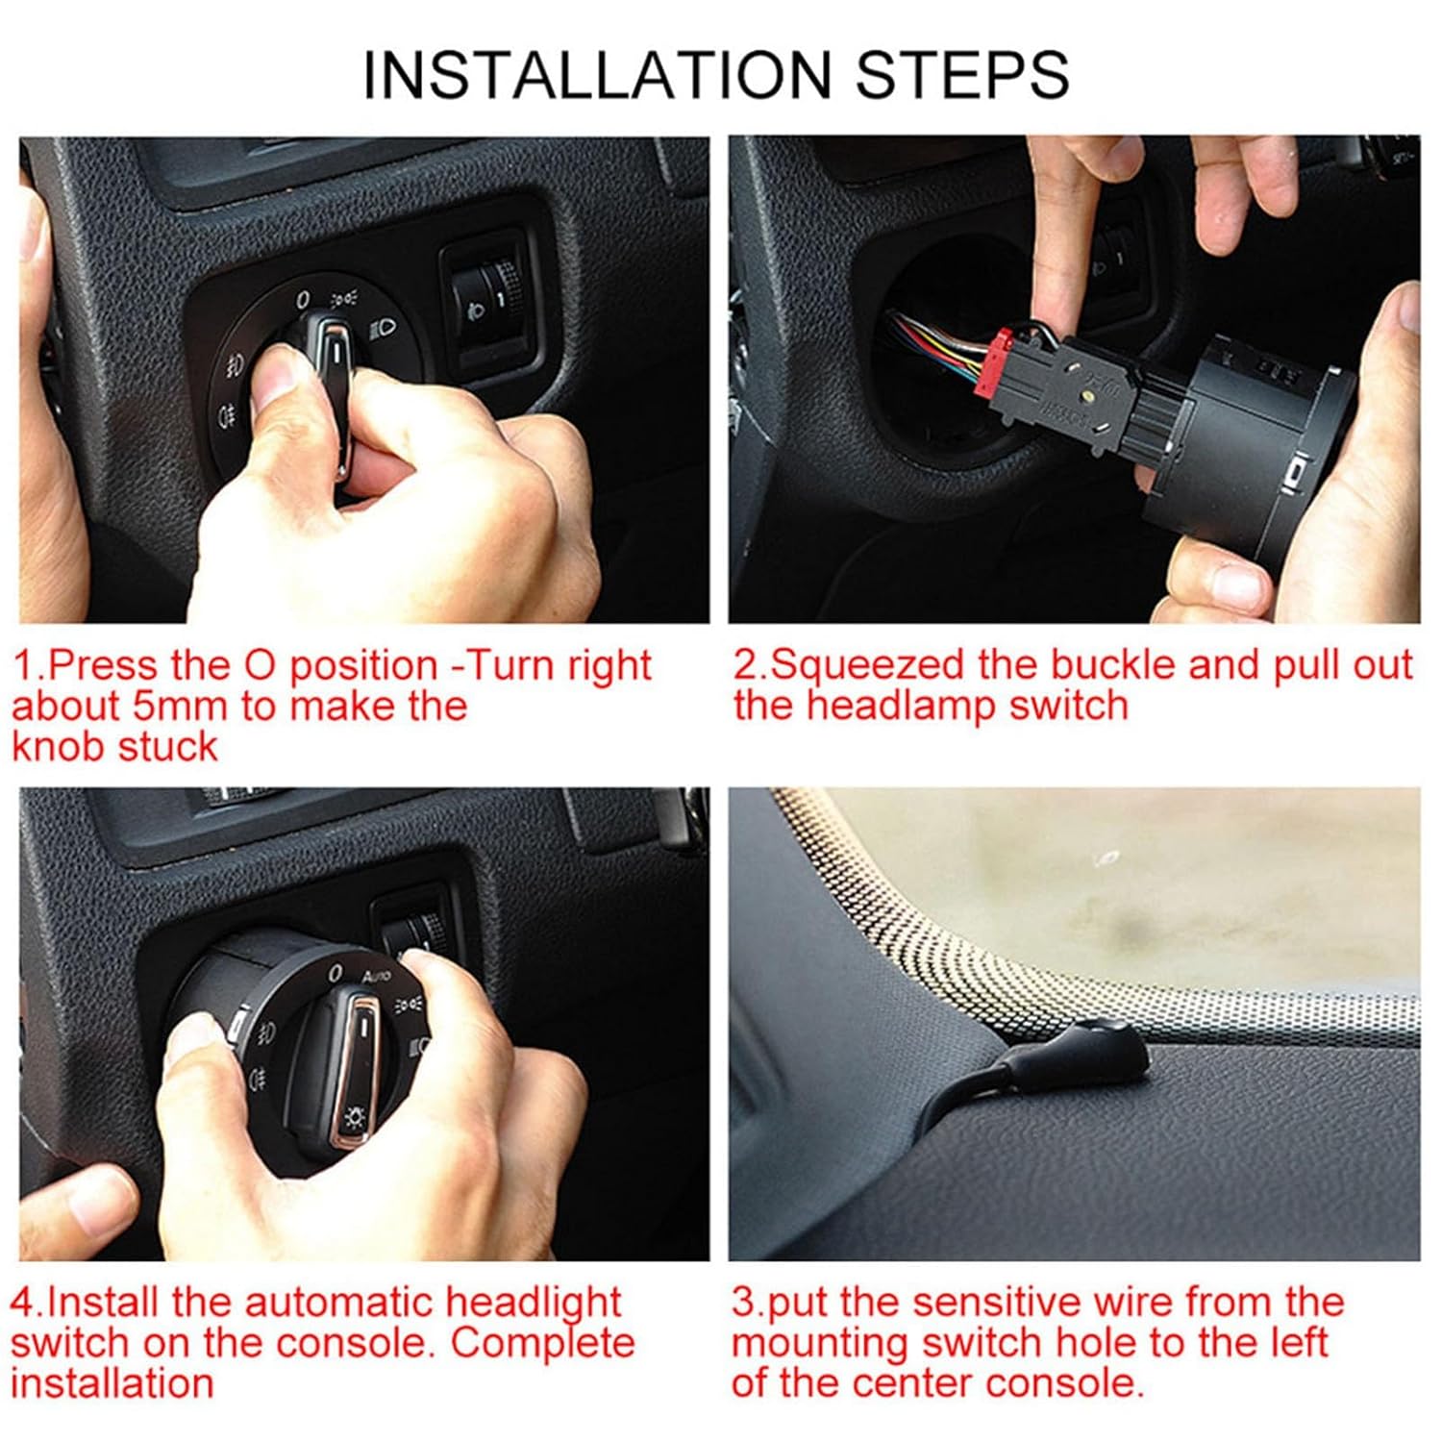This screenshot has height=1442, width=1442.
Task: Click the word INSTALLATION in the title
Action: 596,74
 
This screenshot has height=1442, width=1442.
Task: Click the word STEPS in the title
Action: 962,74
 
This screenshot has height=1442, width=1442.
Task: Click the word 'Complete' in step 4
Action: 543,1343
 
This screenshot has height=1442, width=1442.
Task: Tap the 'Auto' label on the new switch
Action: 376,977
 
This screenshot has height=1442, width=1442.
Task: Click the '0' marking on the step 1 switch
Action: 303,300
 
